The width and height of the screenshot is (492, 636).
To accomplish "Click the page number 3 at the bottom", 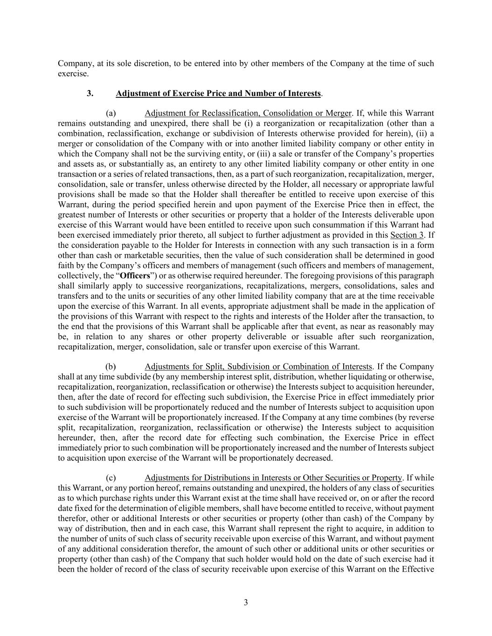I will tap(246, 602).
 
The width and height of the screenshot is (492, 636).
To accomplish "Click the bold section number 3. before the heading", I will tap(90, 93).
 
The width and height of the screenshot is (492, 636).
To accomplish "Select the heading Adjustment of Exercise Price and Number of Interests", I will tap(218, 93).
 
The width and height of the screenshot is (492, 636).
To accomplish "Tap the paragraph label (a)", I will tap(111, 113).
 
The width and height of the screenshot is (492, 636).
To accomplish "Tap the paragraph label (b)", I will tap(111, 367).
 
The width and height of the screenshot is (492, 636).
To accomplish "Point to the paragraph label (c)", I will tap(111, 478).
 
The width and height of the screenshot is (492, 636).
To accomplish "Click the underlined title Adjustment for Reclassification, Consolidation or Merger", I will tap(248, 113).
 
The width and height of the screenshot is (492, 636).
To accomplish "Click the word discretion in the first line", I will tap(148, 63).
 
